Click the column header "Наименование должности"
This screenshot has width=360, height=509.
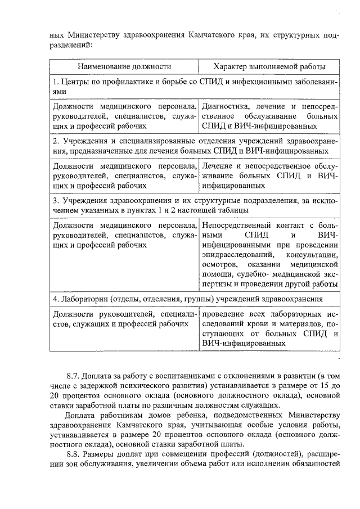(124, 67)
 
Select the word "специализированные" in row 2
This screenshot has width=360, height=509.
(154, 141)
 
